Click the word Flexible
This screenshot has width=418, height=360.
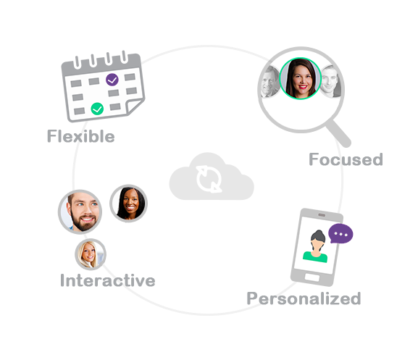tap(80, 136)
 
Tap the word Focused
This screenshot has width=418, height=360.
tap(346, 159)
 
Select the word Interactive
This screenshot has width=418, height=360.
tap(108, 280)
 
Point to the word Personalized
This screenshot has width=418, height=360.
tap(304, 299)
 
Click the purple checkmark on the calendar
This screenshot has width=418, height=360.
tap(112, 80)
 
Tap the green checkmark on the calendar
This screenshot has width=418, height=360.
tap(97, 109)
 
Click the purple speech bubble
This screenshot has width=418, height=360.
tap(340, 233)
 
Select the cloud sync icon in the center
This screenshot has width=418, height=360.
tap(212, 177)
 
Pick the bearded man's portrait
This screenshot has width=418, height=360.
tap(80, 212)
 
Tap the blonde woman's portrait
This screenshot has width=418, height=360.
tap(91, 254)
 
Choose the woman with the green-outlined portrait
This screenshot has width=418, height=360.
tap(300, 78)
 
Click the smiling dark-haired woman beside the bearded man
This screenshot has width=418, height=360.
tap(128, 204)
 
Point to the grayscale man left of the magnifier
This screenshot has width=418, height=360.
tap(269, 82)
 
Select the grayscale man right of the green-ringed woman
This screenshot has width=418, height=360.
tap(330, 81)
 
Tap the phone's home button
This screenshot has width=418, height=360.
tap(312, 277)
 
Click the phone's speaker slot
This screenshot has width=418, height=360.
tap(322, 215)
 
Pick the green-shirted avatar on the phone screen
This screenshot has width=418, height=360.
tap(316, 246)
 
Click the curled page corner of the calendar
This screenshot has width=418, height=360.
tap(135, 106)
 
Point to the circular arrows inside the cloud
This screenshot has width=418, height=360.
tap(209, 179)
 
